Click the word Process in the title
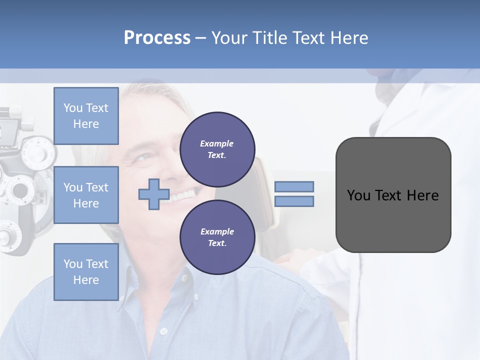click(x=157, y=38)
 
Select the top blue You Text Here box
click(x=86, y=116)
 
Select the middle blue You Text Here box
click(x=86, y=195)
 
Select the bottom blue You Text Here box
click(x=86, y=271)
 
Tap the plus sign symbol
click(x=154, y=194)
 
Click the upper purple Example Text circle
click(x=217, y=149)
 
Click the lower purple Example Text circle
click(x=217, y=237)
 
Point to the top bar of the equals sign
click(x=294, y=186)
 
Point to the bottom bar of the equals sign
click(x=294, y=201)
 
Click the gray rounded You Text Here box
click(x=393, y=220)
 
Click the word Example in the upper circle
click(x=217, y=143)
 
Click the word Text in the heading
click(x=307, y=38)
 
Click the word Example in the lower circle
click(x=217, y=231)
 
